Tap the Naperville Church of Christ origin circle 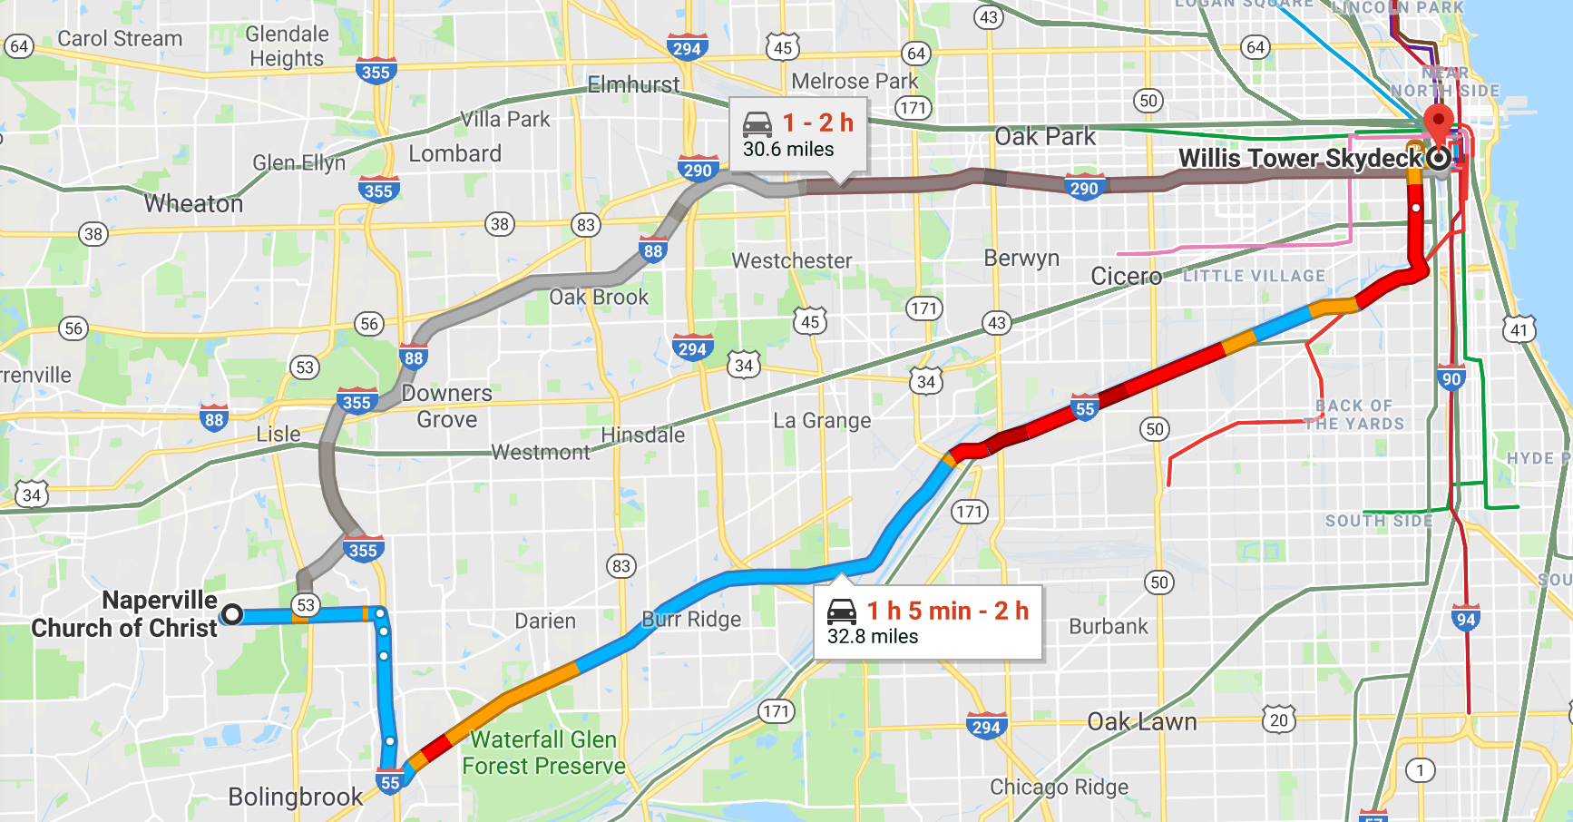coord(232,614)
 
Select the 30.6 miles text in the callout coord(787,150)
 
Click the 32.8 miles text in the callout coord(872,637)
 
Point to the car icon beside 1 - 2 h coord(757,122)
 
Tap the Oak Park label coord(1045,137)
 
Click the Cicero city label coord(1126,276)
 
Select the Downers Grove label coord(446,406)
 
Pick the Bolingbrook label coord(295,797)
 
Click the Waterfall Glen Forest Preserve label coord(543,753)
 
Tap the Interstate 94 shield coord(1465,619)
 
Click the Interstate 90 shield coord(1451,379)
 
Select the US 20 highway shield coord(1278,720)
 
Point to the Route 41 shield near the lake coord(1519,330)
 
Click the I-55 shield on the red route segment coord(1085,409)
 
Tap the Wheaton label coord(193,204)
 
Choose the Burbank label coord(1108,627)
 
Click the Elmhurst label coord(633,85)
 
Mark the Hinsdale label coord(642,435)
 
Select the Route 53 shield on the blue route coord(306,605)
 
